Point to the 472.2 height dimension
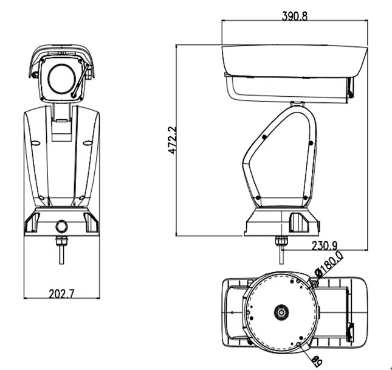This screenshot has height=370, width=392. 172,139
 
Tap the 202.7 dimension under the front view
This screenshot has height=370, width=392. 61,293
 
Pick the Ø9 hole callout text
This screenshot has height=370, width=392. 317,360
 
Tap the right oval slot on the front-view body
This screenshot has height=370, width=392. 88,144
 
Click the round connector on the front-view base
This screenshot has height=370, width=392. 61,226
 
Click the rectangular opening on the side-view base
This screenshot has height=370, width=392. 299,222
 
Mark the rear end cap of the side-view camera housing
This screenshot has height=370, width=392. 351,89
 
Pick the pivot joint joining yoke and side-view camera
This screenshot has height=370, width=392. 297,105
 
